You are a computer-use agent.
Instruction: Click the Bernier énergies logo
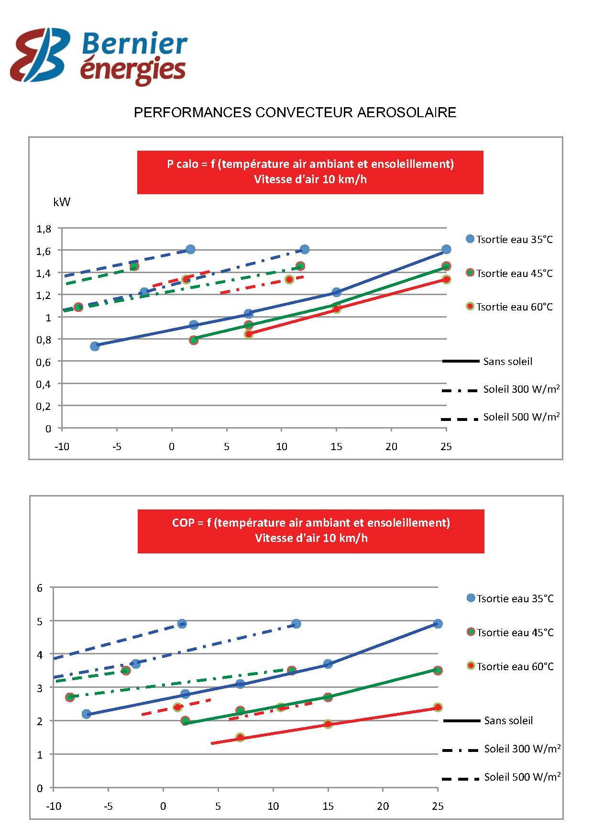(x=99, y=56)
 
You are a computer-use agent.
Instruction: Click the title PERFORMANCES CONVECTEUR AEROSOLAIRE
(x=295, y=112)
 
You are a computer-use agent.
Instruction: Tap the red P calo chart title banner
(x=310, y=172)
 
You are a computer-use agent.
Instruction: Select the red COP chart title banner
(x=311, y=530)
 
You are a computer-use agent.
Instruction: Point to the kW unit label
(x=62, y=202)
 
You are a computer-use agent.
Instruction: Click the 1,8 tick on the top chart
(x=44, y=229)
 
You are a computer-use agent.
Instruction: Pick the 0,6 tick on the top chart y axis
(x=44, y=362)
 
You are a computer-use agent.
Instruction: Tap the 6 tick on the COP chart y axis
(x=40, y=588)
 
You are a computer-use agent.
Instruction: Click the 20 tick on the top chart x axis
(x=391, y=447)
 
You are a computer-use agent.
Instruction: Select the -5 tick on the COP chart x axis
(x=109, y=806)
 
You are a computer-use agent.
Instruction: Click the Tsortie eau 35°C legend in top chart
(x=509, y=239)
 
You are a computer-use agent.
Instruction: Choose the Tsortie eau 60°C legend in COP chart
(x=510, y=666)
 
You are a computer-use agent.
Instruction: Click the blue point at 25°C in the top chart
(x=446, y=249)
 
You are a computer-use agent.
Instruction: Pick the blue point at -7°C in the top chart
(x=95, y=346)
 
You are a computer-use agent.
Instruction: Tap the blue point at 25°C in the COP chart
(x=438, y=624)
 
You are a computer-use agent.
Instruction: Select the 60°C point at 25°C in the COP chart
(x=438, y=707)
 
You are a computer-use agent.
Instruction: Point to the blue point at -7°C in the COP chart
(x=87, y=714)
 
